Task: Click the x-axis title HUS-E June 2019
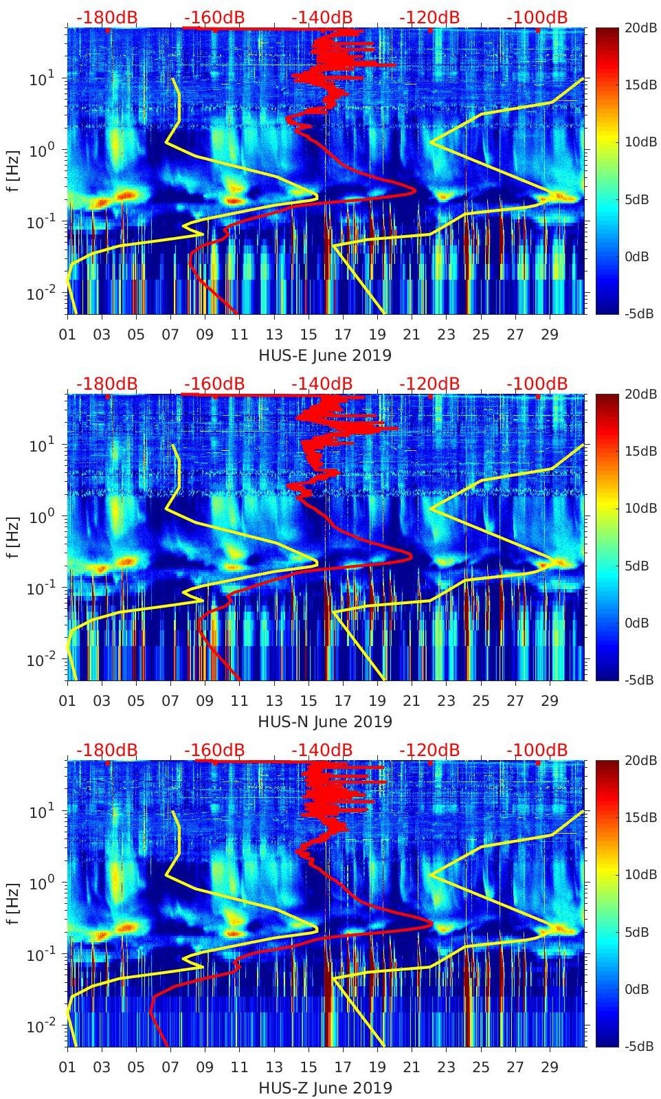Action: [325, 355]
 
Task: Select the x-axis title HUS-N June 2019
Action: [325, 722]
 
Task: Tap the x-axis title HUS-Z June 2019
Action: [325, 1088]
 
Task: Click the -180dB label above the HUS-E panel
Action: [107, 17]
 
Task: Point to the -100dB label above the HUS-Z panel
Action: [537, 750]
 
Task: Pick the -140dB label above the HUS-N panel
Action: [322, 384]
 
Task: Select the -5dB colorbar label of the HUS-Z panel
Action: [640, 1047]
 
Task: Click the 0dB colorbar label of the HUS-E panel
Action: [639, 256]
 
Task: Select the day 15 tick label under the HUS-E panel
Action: [309, 335]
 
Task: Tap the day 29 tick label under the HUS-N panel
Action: [550, 701]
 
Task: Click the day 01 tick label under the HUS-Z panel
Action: [67, 1067]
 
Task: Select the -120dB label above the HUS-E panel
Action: [430, 17]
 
